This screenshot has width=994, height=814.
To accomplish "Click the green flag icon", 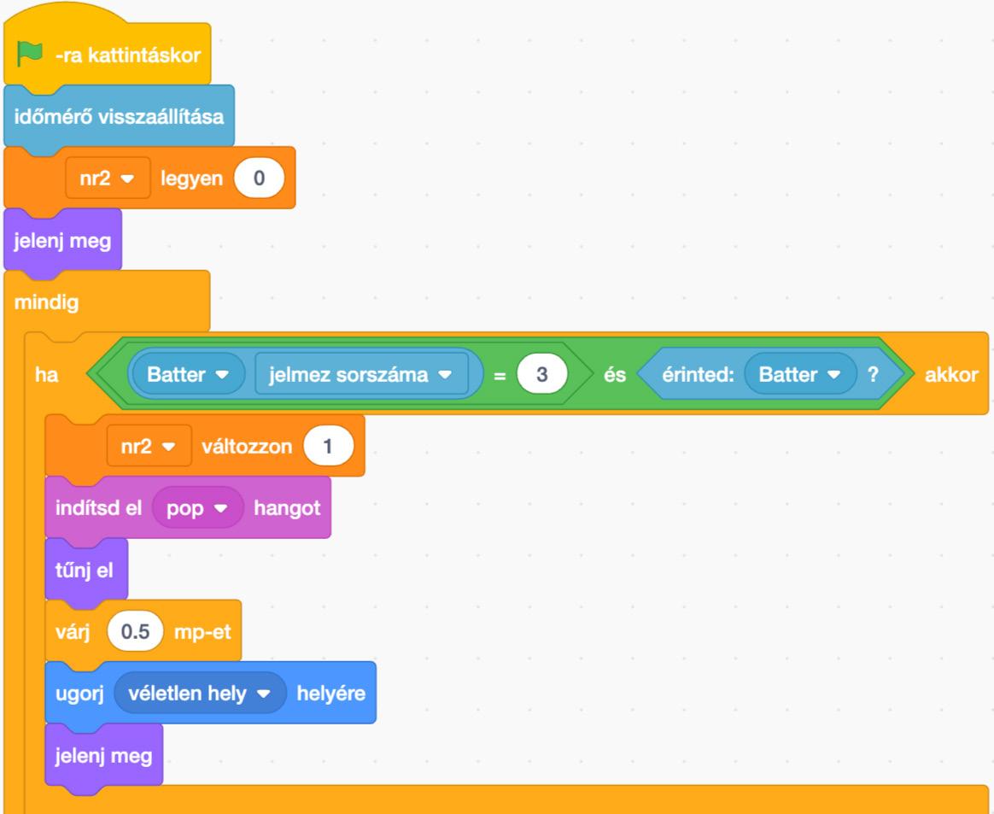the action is click(30, 55).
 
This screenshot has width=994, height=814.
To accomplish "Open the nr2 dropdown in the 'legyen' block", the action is click(108, 179).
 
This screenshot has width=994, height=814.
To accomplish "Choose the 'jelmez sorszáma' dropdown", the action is click(361, 376).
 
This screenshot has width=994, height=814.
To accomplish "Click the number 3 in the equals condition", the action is click(541, 376).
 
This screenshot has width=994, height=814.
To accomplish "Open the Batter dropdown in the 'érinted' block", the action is click(800, 376).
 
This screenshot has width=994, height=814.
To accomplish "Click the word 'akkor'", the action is click(951, 376).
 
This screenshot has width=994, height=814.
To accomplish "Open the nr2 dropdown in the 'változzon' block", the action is click(149, 447).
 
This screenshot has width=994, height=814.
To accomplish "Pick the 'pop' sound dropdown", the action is click(197, 508).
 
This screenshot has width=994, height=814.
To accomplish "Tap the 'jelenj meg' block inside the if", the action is click(102, 756).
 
